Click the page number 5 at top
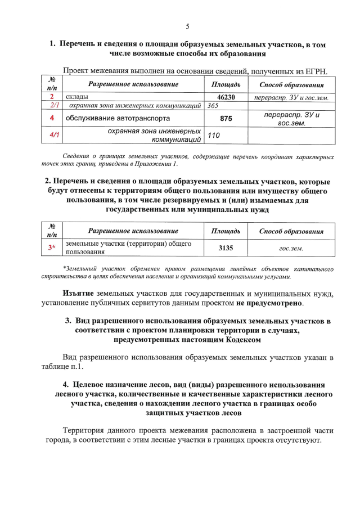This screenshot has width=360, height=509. (187, 26)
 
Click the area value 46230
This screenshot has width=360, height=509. (226, 97)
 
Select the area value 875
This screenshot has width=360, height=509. (226, 119)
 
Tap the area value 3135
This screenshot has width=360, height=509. (226, 247)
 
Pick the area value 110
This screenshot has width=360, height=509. (214, 136)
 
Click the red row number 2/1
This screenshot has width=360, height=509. (55, 105)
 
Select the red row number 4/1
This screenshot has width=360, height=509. (55, 136)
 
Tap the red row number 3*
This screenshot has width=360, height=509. (52, 247)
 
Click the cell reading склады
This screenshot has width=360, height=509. (76, 97)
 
